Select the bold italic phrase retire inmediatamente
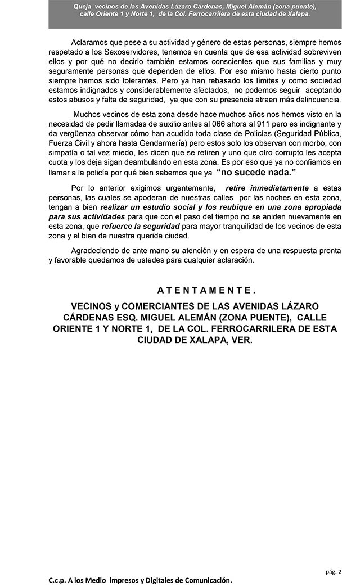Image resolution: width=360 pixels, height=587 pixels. tap(267, 188)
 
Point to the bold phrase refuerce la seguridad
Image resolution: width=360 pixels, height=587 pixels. tap(133, 225)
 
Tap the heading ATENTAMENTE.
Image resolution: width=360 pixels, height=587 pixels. tap(206, 290)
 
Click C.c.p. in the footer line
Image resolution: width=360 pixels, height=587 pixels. tap(58, 580)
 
